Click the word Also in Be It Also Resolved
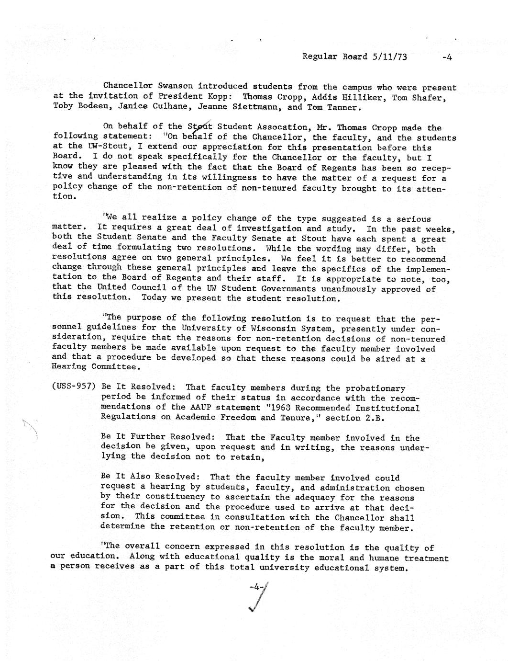point(141,477)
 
